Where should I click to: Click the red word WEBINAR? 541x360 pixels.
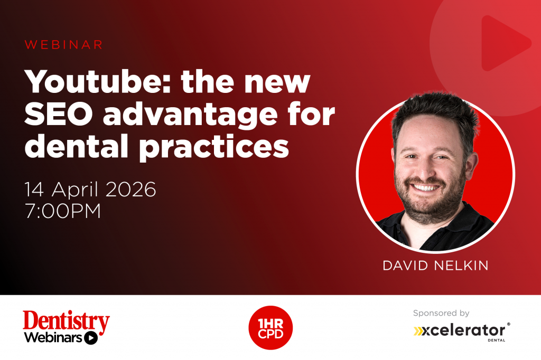[63, 45]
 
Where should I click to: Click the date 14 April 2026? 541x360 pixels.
[90, 189]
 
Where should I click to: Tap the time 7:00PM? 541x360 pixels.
[63, 211]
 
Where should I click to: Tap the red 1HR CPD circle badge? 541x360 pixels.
[270, 328]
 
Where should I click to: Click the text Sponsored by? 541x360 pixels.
[441, 314]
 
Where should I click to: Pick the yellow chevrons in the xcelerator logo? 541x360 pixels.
[420, 331]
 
